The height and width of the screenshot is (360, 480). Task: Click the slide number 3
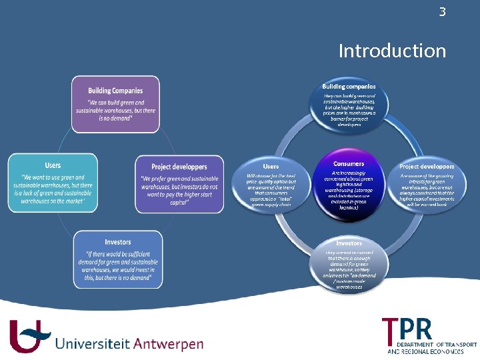(441, 11)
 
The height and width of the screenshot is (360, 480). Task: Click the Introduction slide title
(392, 51)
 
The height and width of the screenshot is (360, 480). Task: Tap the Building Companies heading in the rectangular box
(115, 90)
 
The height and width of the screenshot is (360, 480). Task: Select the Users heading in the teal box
(53, 165)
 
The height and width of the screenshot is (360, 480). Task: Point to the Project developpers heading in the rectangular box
(179, 167)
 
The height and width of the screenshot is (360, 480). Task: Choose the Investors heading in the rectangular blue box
(118, 241)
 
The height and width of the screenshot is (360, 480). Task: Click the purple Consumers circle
(348, 187)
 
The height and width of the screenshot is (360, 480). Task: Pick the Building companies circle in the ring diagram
(348, 105)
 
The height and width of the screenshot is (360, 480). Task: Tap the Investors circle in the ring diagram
(348, 265)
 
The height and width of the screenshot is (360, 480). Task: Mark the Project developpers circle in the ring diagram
(427, 187)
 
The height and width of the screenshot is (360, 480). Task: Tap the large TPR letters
(407, 329)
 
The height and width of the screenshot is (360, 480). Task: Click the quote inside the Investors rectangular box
(118, 267)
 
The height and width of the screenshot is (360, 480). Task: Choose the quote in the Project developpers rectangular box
(179, 191)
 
